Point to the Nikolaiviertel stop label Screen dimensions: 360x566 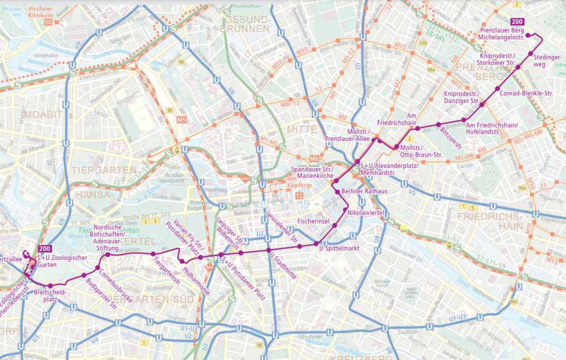pyautogui.click(x=365, y=212)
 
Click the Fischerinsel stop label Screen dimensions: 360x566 pyautogui.click(x=313, y=221)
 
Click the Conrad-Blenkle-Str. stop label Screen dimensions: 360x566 pyautogui.click(x=526, y=93)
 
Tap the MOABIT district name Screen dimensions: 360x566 pyautogui.click(x=48, y=114)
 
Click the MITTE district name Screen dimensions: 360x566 pyautogui.click(x=302, y=129)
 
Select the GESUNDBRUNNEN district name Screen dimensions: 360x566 pyautogui.click(x=245, y=25)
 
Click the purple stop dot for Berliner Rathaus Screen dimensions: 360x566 pyautogui.click(x=336, y=191)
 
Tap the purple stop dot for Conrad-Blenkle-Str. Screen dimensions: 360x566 pyautogui.click(x=496, y=88)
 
